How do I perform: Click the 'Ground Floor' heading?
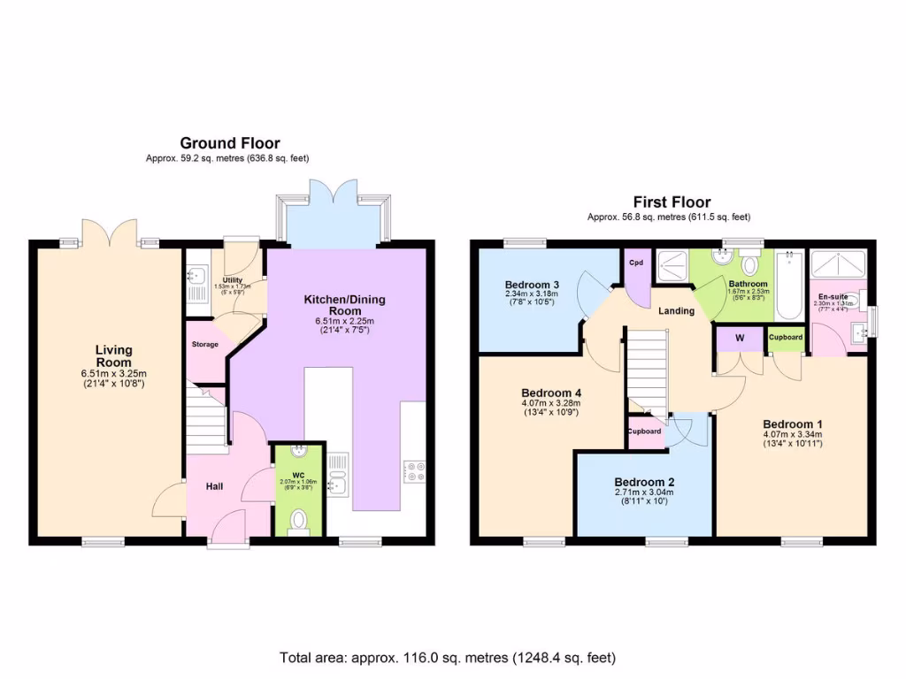coord(230,143)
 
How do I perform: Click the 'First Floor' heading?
coord(672,202)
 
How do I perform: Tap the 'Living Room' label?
coord(113,356)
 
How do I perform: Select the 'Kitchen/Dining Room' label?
coord(345,305)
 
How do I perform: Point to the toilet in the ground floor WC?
coord(299,521)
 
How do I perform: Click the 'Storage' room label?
coord(204,344)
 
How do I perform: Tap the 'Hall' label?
coord(215,485)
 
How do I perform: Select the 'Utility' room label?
coord(233,280)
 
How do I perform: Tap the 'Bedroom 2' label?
coord(644,482)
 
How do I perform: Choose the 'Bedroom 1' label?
coord(793,423)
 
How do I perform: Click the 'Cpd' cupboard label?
coord(635,263)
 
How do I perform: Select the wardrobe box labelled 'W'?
coord(739,339)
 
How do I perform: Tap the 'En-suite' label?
coord(833,297)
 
